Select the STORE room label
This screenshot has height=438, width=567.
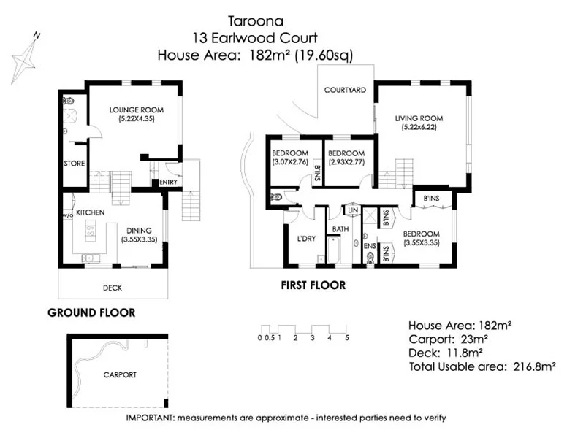point(75,164)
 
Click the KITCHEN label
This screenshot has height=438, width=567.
point(91,212)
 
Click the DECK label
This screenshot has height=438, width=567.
point(113,288)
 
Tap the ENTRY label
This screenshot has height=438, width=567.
point(167,182)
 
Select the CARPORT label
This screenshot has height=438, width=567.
point(120,374)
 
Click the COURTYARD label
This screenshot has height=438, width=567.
point(346,90)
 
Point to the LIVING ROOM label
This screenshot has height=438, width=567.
point(419,118)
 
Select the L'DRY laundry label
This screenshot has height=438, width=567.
point(306,238)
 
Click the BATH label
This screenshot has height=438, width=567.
point(340,229)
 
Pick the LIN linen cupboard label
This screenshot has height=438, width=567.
point(353,210)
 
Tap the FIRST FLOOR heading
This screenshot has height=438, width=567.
point(313,285)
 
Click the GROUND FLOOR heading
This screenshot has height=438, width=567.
point(91,312)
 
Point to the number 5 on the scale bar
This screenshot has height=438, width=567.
point(347,337)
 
